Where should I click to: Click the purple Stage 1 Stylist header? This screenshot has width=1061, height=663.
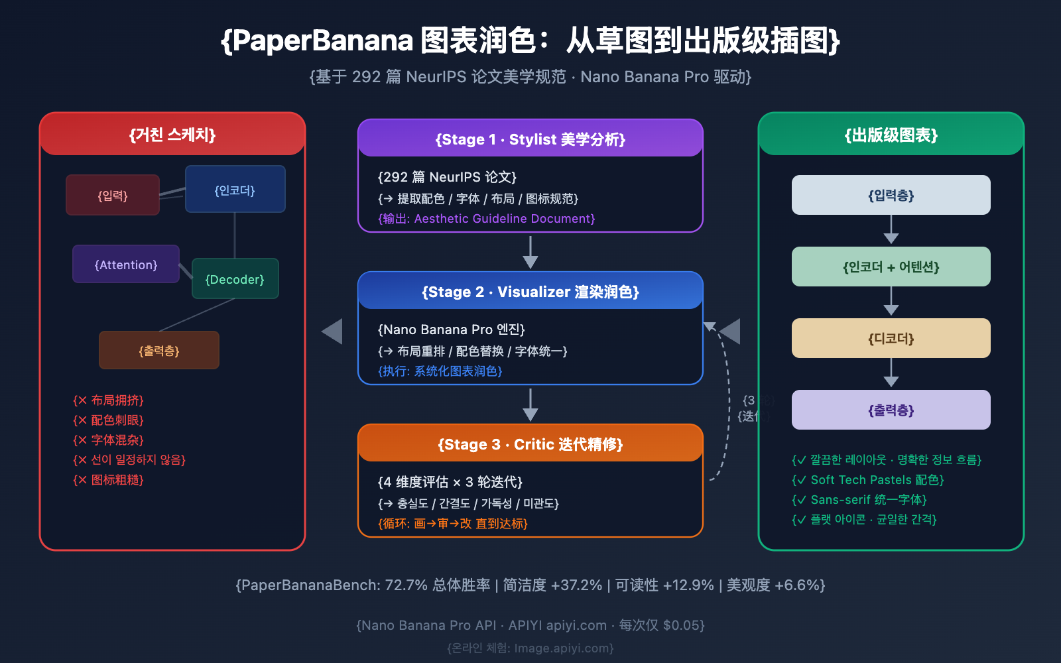(x=530, y=139)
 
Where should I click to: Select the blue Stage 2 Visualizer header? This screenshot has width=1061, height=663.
(x=530, y=292)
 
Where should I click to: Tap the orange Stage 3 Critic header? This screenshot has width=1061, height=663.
(x=530, y=444)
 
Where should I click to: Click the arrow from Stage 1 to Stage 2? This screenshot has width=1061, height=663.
(x=530, y=252)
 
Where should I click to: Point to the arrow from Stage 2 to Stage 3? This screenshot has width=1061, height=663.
(x=530, y=404)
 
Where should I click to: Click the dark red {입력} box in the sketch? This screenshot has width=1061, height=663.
(x=113, y=196)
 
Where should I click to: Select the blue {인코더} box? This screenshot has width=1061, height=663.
(x=235, y=190)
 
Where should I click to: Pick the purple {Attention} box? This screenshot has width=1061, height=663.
(x=126, y=265)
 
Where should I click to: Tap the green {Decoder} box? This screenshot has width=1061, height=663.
(x=235, y=279)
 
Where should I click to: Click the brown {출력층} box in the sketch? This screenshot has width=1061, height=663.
(x=159, y=351)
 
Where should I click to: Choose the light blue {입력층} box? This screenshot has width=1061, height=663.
(x=891, y=196)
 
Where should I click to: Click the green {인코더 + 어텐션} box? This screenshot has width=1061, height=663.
(x=891, y=267)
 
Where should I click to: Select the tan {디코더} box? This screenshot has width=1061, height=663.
(x=891, y=339)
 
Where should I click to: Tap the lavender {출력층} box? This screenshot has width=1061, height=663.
(x=891, y=410)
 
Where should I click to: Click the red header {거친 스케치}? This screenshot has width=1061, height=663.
(x=172, y=135)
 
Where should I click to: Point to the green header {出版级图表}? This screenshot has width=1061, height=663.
(x=891, y=135)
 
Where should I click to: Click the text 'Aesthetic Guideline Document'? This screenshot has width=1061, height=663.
(x=504, y=219)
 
